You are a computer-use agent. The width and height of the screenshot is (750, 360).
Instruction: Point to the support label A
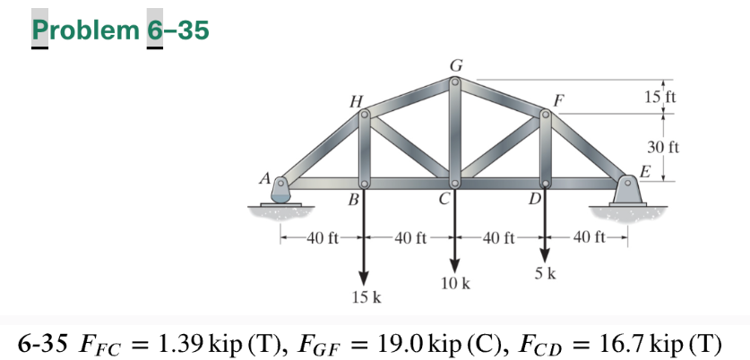coord(265,178)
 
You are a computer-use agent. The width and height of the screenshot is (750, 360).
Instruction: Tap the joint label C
coord(444,199)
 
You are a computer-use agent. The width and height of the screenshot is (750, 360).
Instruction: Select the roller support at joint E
coord(626,191)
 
